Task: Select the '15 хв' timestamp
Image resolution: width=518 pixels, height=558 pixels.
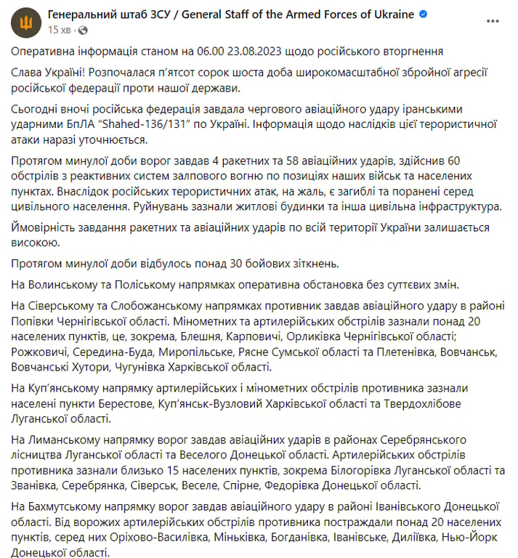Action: pos(60,30)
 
